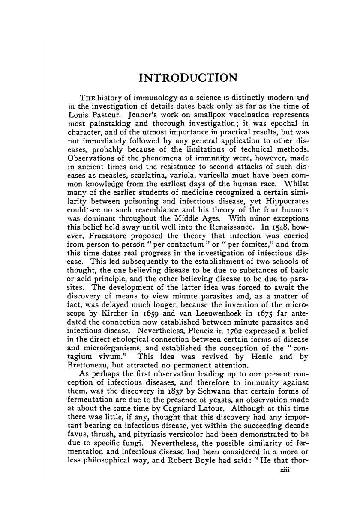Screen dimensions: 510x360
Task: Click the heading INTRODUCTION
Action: tap(188, 78)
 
